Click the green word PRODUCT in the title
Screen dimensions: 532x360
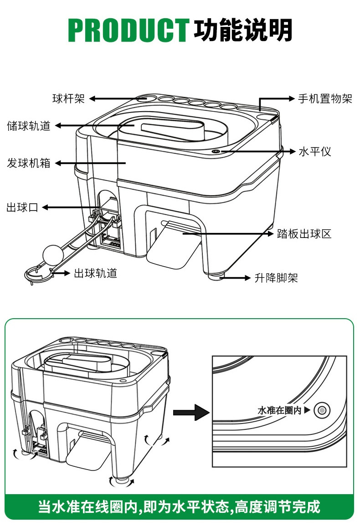tap(129, 31)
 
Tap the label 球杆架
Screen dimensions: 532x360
tap(68, 98)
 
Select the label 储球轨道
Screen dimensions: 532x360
tap(28, 126)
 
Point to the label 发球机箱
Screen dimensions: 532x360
tap(28, 163)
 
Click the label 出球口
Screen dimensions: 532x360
tap(22, 207)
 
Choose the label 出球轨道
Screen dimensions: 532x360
tap(96, 273)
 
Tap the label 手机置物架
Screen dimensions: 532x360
tap(325, 98)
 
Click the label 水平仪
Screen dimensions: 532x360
tap(314, 151)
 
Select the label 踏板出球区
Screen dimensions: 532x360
tap(304, 234)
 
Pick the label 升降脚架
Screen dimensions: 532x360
tap(276, 278)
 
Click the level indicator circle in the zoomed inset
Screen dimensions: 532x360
tap(322, 410)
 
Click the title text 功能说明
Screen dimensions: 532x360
tap(243, 31)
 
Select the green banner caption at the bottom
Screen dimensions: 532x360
tap(180, 506)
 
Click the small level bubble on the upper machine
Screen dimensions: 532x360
tap(216, 151)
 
